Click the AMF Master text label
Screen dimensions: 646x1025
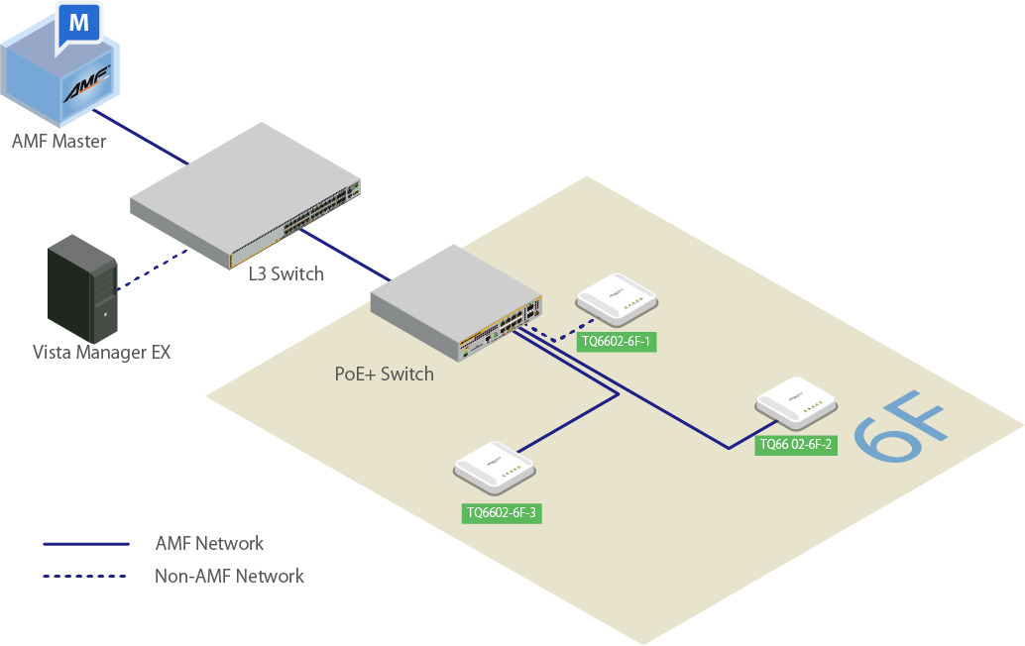[58, 142]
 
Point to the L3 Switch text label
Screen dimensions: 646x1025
[285, 273]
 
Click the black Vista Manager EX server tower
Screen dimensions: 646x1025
[83, 287]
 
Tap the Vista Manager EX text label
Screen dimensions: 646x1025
[101, 352]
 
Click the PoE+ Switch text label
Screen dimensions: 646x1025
[385, 374]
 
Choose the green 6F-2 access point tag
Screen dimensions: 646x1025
[796, 445]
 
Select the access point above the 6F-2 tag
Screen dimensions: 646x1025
[795, 402]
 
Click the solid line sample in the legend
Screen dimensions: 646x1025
[86, 544]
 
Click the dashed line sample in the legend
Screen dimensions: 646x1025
[86, 576]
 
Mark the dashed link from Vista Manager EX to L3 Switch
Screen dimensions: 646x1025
[155, 269]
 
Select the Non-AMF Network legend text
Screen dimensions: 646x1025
[229, 576]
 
